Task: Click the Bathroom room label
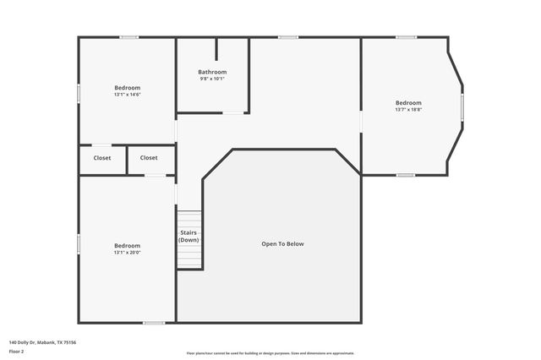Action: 212,72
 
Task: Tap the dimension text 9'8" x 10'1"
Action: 212,79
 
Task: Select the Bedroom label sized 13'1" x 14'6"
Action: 128,87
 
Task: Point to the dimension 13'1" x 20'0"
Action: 128,253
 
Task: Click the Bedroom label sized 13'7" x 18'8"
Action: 408,102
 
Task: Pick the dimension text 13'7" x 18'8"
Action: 408,109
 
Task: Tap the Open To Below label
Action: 282,244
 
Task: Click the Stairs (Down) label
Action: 189,237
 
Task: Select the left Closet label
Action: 102,157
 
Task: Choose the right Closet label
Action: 149,157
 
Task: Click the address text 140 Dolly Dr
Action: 42,342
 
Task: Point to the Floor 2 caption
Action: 17,352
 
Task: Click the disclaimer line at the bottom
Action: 270,353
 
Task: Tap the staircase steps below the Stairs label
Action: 190,258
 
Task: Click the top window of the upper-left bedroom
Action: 128,37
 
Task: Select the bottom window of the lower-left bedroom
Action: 154,322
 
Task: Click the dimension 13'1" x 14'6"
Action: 128,95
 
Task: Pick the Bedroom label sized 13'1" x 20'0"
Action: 128,245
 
